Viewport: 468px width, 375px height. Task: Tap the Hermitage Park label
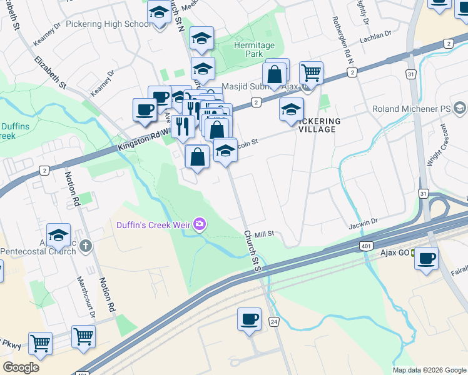[x=254, y=50]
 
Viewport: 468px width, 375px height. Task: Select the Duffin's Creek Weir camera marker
[x=200, y=224]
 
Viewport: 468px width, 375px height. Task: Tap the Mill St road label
[x=265, y=233]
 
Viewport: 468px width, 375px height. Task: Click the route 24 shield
[x=273, y=321]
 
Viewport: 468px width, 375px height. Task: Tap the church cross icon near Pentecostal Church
[x=86, y=246]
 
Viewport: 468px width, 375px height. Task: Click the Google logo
[x=21, y=367]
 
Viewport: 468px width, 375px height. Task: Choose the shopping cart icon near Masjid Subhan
[x=311, y=72]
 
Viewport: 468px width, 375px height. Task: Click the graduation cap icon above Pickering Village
[x=291, y=110]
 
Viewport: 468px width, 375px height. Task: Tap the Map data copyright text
[x=429, y=370]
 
